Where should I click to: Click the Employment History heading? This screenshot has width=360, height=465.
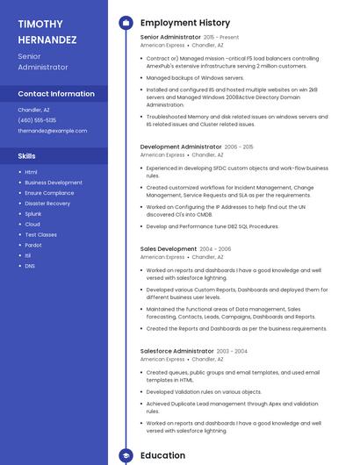pos(184,23)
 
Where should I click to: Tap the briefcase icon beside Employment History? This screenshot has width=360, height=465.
pos(126,23)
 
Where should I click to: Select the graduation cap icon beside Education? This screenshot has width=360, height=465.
pos(126,455)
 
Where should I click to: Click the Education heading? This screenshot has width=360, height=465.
pos(162,455)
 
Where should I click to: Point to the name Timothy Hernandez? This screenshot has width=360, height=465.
pos(47,32)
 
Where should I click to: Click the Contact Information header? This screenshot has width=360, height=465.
pos(56,94)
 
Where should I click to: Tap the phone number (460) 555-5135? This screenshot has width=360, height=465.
pos(37,120)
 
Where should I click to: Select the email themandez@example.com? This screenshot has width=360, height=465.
pos(53,131)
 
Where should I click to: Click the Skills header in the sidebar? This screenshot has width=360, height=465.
pos(27,155)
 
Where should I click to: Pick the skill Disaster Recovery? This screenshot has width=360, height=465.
pos(47,204)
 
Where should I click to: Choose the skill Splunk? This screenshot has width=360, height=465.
pos(33,214)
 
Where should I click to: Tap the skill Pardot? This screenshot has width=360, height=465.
pos(33,245)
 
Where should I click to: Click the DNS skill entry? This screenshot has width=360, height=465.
pos(30,266)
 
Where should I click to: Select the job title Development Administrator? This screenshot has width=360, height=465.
pos(181,147)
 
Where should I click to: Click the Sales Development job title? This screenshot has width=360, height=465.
pos(169,249)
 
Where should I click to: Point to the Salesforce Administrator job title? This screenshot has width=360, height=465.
pos(177,351)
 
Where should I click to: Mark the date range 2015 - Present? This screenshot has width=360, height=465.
pos(221,38)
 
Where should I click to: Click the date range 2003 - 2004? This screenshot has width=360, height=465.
pos(233,351)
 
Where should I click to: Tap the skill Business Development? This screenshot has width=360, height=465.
pos(54,182)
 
